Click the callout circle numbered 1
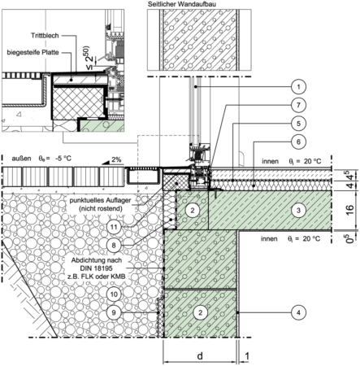coord(298,87)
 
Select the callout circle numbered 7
coord(298,105)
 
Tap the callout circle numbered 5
coord(298,124)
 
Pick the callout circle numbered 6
coord(298,142)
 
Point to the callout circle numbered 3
coord(298,210)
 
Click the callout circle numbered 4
coord(298,312)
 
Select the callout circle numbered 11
coord(114,227)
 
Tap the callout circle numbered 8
coord(114,246)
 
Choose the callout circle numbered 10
coord(114,294)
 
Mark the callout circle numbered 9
coord(114,312)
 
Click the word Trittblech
coord(45,36)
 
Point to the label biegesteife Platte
coord(33,52)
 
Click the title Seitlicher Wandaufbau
coord(182,4)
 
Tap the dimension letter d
coord(200,355)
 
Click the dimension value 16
coord(350,210)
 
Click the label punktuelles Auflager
coord(100,201)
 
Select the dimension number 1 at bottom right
coord(247,356)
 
